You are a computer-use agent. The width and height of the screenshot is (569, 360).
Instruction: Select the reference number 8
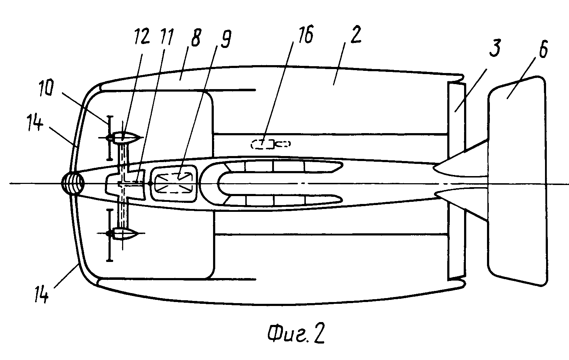pos(196,38)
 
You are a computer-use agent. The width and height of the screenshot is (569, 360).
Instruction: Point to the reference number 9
pos(226,39)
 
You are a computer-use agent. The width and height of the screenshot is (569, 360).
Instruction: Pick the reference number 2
pos(355,34)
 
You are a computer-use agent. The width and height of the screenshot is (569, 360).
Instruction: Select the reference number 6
pos(543,49)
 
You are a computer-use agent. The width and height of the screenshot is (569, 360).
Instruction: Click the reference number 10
pos(46,88)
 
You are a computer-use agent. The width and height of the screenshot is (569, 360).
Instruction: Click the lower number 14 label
pos(42,295)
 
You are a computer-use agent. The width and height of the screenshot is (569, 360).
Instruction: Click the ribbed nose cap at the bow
pos(73,184)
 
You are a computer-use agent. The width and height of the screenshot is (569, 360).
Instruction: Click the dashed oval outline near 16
pos(270,144)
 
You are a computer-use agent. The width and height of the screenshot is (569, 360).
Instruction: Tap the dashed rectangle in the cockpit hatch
pos(174,183)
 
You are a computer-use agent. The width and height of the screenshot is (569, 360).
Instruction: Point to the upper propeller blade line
pos(110,138)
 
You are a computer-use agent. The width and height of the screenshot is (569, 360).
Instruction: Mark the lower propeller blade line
pos(110,235)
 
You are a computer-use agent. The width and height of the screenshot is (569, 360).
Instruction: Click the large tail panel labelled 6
pos(517,181)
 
